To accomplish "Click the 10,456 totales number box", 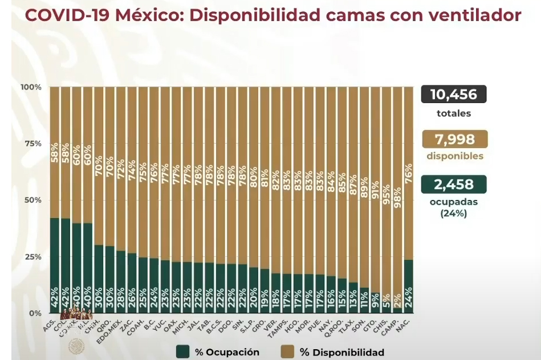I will pyautogui.click(x=453, y=94).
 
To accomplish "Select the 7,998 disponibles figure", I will pyautogui.click(x=455, y=140).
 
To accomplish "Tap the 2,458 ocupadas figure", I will pyautogui.click(x=454, y=184).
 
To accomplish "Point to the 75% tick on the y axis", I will pyautogui.click(x=32, y=144).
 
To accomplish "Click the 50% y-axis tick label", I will pyautogui.click(x=32, y=200).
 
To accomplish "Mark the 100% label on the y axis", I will pyautogui.click(x=31, y=87).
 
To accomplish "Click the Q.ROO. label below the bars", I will pyautogui.click(x=339, y=328).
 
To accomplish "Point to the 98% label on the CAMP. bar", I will pyautogui.click(x=397, y=196).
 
